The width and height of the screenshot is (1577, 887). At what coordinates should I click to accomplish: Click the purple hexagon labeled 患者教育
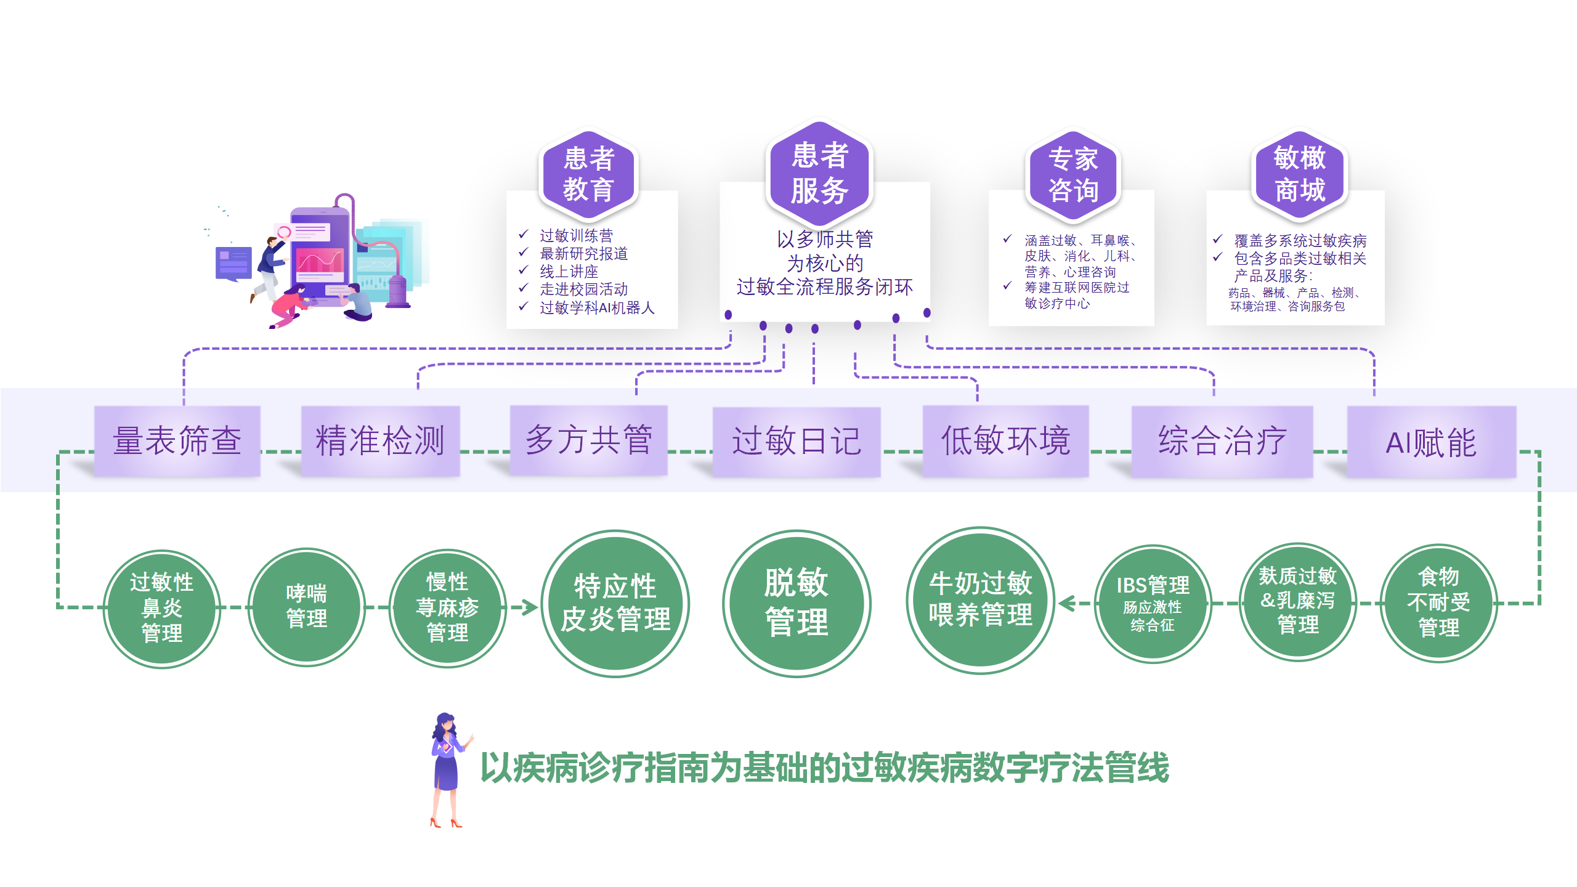[588, 174]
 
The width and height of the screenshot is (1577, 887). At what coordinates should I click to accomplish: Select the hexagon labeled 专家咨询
[1072, 175]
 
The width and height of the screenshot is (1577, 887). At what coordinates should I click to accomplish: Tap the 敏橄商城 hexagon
[1299, 174]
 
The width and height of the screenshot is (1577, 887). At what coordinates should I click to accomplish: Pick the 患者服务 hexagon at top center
[819, 173]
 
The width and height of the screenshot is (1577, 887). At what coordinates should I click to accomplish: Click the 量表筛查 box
[177, 441]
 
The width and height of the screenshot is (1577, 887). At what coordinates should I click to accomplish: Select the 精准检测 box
[380, 441]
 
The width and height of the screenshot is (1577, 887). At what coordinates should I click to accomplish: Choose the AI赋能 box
[1431, 442]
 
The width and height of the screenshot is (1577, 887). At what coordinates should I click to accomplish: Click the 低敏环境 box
[1005, 441]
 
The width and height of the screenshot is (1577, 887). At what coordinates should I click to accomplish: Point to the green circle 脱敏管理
[796, 603]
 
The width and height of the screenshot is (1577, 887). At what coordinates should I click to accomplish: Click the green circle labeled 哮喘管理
[306, 607]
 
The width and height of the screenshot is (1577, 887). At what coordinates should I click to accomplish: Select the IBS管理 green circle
[1153, 604]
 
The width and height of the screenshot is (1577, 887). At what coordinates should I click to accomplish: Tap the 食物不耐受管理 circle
[1438, 603]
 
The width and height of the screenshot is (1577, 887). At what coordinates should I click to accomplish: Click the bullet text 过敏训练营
[576, 235]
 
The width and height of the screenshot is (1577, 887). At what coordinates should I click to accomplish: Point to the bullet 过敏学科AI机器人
[596, 307]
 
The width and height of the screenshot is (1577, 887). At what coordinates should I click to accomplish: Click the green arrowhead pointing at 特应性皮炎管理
[529, 607]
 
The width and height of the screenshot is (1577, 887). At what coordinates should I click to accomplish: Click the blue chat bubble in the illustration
[233, 264]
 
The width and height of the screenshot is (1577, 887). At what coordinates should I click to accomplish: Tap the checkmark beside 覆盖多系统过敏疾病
[1217, 240]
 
